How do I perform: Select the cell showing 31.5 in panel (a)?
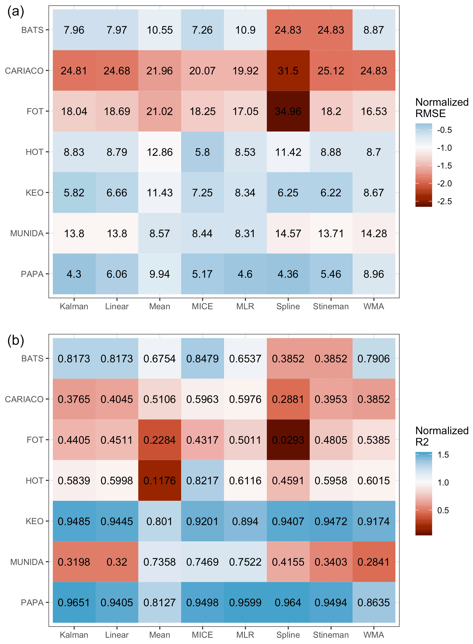pos(288,70)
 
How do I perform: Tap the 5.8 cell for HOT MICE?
pos(202,152)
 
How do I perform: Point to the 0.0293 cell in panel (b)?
pos(288,440)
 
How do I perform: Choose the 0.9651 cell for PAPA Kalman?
pos(74,603)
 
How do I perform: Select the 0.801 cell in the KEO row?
pos(159,521)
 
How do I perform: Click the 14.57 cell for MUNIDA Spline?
pos(288,233)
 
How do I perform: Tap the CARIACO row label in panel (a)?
pos(24,71)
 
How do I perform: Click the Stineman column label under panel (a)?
pos(331,306)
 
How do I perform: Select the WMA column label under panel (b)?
pos(374,635)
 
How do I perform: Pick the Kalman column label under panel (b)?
pos(74,635)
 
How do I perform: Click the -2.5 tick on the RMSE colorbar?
pos(444,201)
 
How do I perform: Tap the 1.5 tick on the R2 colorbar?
pos(443,455)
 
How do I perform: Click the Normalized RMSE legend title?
pos(441,108)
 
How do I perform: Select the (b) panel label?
pos(16,340)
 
